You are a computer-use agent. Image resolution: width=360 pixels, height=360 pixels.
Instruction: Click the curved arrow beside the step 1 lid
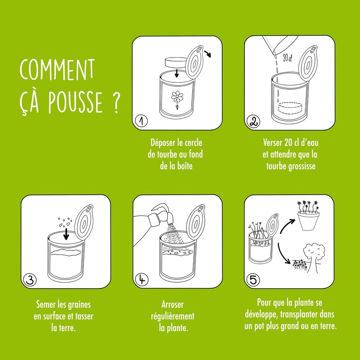point(208,54)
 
